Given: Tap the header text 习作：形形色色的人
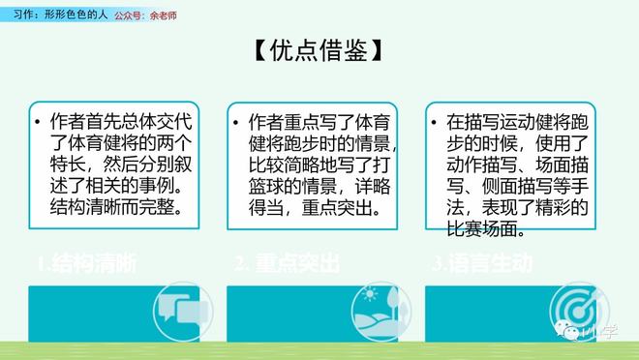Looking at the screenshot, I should tap(53, 15).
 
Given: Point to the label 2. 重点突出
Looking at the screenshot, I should tap(288, 264).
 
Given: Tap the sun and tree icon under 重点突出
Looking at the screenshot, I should tap(380, 309).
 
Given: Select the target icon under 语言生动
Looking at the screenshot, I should tap(578, 309).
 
